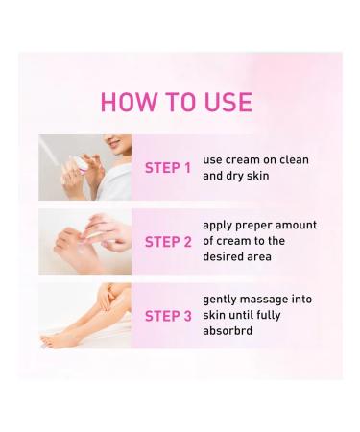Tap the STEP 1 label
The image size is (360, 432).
[168, 168]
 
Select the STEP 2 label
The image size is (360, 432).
[168, 242]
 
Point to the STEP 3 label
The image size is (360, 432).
[168, 316]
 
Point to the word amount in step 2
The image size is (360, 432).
[296, 226]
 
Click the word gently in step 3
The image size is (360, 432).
[221, 300]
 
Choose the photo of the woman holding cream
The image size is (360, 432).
[84, 167]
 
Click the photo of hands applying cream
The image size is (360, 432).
[84, 242]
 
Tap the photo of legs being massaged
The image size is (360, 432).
[84, 315]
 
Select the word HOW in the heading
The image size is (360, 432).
[126, 103]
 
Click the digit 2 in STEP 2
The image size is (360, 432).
[187, 242]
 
